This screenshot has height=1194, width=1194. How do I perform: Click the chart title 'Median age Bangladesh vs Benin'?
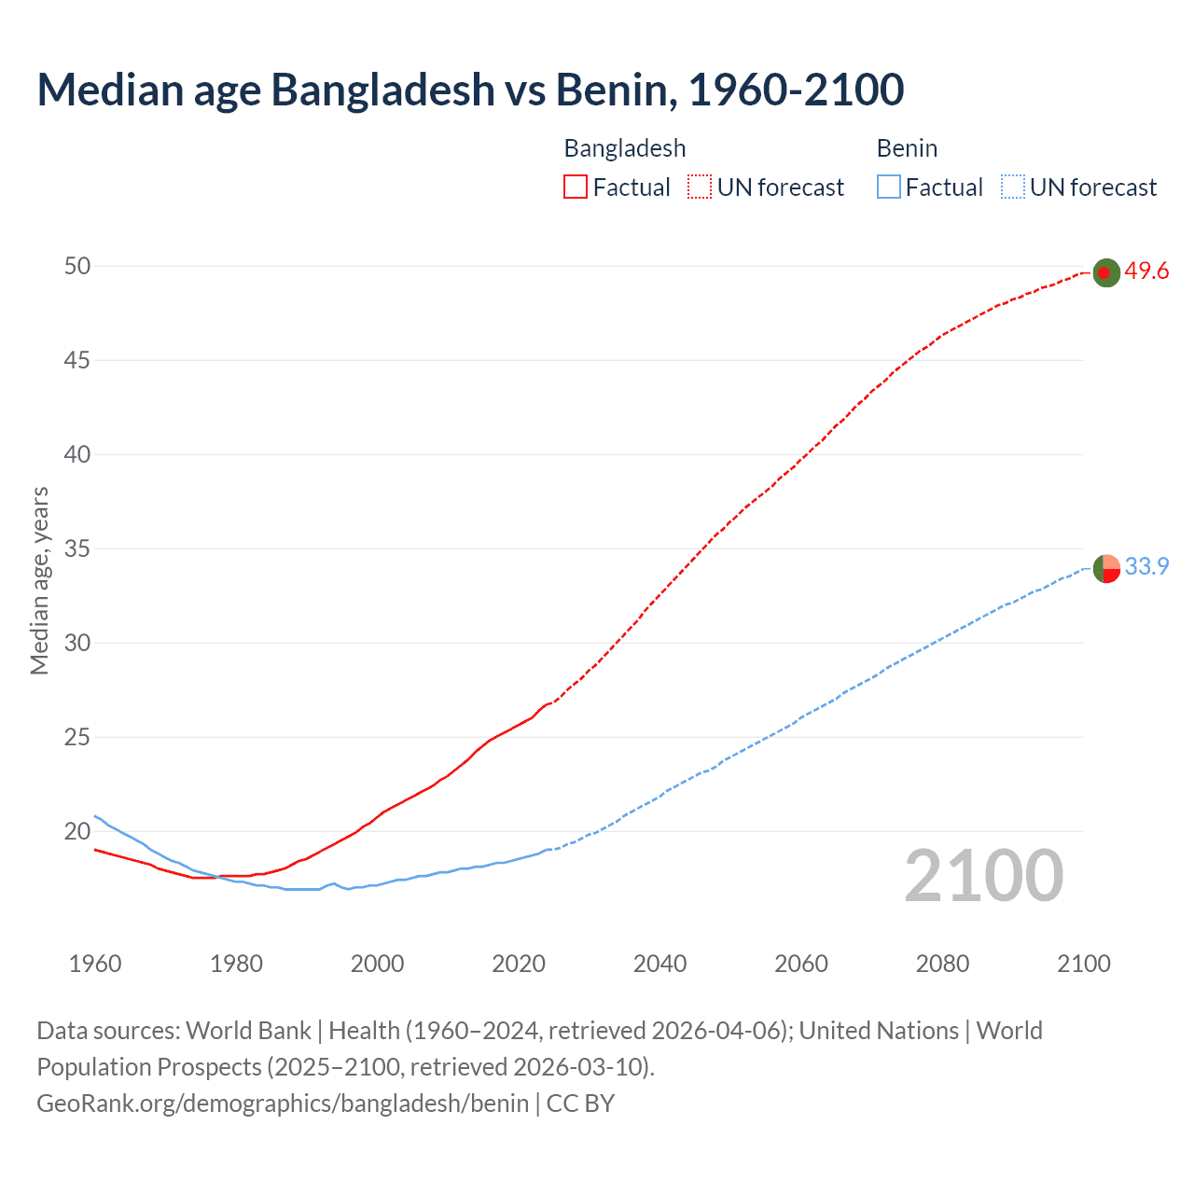(470, 90)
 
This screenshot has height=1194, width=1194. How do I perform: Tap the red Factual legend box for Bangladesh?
(576, 187)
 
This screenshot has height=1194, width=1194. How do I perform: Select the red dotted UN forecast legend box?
(700, 187)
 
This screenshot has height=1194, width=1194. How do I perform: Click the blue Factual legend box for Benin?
(889, 187)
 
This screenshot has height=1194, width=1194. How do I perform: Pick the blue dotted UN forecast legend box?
(1012, 187)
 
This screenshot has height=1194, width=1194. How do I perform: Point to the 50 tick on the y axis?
(77, 266)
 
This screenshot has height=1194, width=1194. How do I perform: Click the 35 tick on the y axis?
(77, 548)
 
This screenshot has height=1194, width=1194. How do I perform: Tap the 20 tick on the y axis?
(77, 831)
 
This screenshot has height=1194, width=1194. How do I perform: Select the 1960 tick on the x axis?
(95, 964)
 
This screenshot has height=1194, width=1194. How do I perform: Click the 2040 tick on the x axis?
(659, 964)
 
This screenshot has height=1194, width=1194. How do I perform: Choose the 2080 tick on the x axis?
(942, 964)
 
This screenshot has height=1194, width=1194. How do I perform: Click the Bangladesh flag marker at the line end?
(1105, 272)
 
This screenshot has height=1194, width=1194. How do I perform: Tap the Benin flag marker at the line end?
(1105, 568)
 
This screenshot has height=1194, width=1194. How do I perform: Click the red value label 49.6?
(1146, 271)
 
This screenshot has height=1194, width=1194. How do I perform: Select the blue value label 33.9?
(1146, 567)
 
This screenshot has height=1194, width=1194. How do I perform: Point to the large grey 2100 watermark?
(983, 876)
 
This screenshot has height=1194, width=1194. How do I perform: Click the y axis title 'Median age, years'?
(39, 580)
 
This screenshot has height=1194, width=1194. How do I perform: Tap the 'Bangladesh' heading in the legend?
(625, 148)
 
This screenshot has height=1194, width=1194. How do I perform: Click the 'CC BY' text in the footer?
(580, 1104)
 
